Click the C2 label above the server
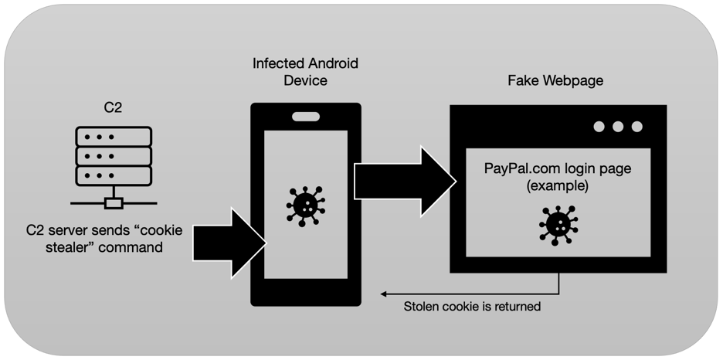click(x=113, y=107)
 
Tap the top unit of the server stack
click(x=113, y=138)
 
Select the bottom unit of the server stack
click(x=113, y=175)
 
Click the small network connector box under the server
click(x=114, y=203)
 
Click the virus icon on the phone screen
click(x=305, y=205)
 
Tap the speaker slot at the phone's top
click(x=305, y=117)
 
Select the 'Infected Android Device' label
click(x=305, y=71)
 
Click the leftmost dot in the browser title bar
click(x=599, y=127)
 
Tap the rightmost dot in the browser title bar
click(x=637, y=127)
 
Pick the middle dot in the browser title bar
click(x=618, y=127)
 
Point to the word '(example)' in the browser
click(x=557, y=186)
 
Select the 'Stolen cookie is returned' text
click(x=472, y=307)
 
